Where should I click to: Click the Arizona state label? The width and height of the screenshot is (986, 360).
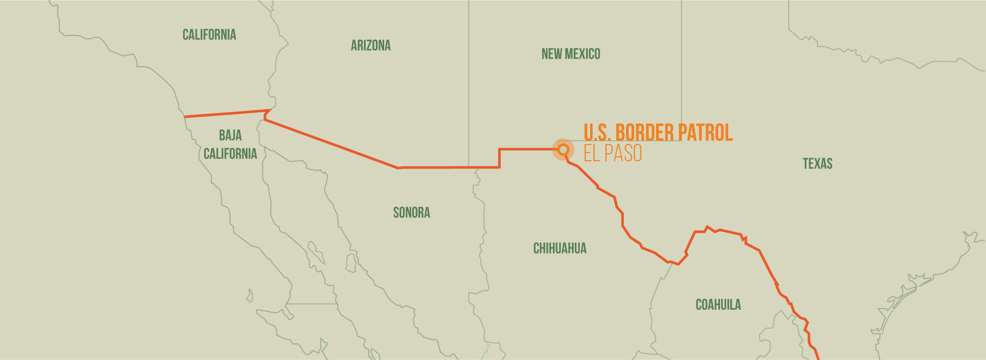(x=370, y=46)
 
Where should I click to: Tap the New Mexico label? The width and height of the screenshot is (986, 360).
(x=571, y=54)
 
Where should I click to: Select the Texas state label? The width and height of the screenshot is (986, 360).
(x=817, y=164)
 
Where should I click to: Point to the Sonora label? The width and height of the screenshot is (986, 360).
(x=411, y=213)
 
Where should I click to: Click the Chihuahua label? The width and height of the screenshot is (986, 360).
(x=559, y=249)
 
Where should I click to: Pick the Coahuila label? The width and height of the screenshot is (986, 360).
(x=718, y=305)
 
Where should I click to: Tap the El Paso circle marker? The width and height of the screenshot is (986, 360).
(x=563, y=149)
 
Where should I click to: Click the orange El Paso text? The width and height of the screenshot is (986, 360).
(x=612, y=154)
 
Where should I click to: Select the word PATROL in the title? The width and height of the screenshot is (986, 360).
(x=705, y=132)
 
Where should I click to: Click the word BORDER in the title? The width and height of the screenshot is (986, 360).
(x=644, y=132)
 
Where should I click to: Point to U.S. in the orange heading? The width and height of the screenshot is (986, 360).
(x=597, y=132)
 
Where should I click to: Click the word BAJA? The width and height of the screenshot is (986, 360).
(x=230, y=136)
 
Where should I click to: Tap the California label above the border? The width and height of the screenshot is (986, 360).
(x=209, y=35)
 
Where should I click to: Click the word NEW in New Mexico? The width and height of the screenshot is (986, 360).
(x=552, y=54)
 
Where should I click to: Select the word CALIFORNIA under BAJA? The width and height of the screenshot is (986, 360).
(x=230, y=154)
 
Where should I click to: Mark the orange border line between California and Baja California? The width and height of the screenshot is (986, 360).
(x=226, y=113)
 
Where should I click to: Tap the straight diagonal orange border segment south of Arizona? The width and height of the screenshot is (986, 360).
(x=331, y=144)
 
